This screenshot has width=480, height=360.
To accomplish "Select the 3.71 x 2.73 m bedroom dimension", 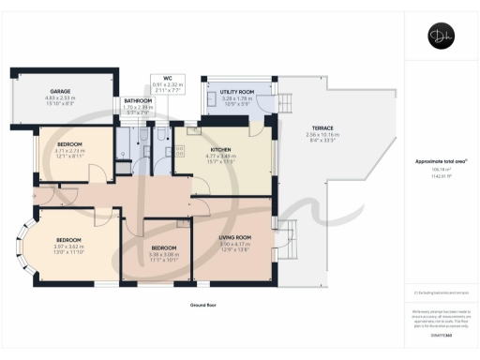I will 70,150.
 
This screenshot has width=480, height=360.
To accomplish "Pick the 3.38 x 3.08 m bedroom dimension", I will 164,254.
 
